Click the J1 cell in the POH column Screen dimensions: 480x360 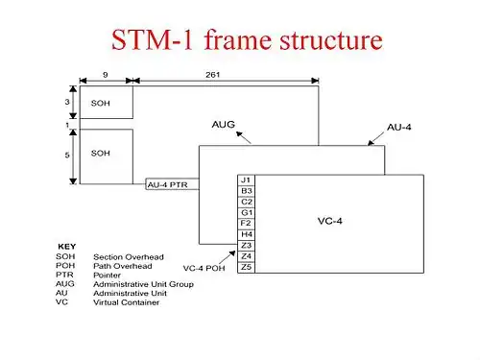(246, 180)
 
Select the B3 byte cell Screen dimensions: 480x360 (246, 191)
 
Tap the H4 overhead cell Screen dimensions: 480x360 (246, 234)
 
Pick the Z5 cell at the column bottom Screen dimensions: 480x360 (246, 267)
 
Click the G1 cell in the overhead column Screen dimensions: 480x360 (246, 213)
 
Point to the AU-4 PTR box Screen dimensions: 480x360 (172, 184)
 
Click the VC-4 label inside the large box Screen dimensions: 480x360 (330, 221)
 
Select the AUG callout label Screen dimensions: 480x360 (224, 124)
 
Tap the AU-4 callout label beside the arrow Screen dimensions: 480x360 (399, 128)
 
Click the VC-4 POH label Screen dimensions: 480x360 (204, 268)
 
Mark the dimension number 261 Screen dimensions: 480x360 (213, 75)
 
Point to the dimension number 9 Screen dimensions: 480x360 (106, 75)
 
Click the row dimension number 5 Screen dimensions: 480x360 (67, 156)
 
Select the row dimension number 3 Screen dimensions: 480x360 (67, 102)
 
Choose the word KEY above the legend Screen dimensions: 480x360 (67, 247)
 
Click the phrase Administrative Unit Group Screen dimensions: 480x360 (143, 284)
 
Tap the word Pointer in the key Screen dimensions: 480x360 (107, 276)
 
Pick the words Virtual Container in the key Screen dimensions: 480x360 (126, 302)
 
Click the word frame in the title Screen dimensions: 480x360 (238, 39)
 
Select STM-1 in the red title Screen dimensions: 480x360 (153, 39)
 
